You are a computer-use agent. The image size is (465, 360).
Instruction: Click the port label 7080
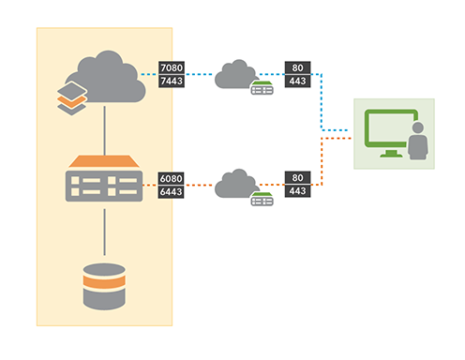[x=172, y=68]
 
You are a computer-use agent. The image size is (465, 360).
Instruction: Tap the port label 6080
[x=172, y=177]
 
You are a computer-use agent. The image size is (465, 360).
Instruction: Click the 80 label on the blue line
[x=298, y=68]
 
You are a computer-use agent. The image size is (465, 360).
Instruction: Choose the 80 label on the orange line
[x=298, y=177]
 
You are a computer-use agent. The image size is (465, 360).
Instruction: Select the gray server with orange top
[x=103, y=179]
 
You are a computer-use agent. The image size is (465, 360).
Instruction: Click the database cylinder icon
[x=103, y=286]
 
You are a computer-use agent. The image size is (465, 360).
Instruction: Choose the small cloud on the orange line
[x=236, y=182]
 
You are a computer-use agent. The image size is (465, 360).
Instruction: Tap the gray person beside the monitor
[x=418, y=141]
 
